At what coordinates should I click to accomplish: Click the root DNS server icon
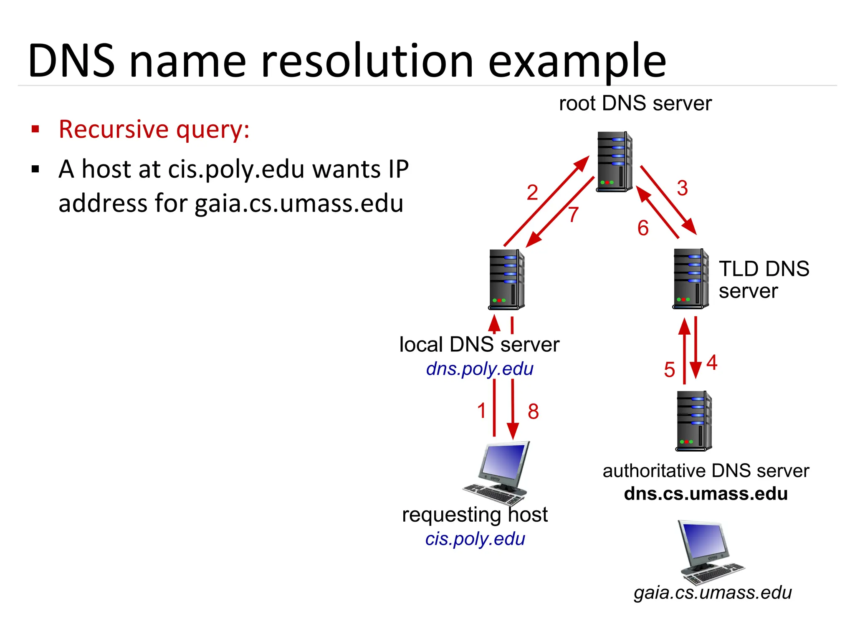point(614,162)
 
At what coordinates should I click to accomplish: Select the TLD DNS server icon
point(690,278)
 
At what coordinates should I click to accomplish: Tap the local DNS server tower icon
point(506,279)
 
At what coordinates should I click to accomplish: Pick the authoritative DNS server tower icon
point(693,421)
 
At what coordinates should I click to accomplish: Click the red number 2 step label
point(532,193)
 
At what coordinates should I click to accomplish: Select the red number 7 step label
point(573,215)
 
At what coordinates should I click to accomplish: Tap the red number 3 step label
point(682,188)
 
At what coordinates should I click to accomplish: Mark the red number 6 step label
point(643,228)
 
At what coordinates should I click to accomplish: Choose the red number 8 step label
point(533,411)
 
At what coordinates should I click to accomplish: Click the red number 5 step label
point(669,370)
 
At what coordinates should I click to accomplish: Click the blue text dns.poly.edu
point(480,369)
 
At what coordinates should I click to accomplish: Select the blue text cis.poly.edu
point(475,539)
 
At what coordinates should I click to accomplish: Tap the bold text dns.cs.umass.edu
point(706,494)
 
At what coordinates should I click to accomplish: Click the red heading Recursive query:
point(154,129)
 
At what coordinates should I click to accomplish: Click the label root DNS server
point(635,103)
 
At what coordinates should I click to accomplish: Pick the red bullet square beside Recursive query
point(35,129)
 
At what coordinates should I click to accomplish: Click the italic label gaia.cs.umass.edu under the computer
point(712,593)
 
